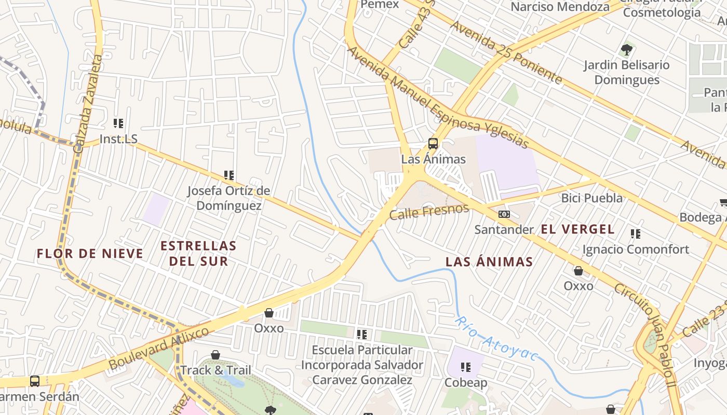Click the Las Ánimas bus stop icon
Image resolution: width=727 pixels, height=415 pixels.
[x=433, y=144]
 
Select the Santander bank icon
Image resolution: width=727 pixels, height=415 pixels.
[x=504, y=214]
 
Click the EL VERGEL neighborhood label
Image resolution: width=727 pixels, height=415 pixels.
[x=577, y=229]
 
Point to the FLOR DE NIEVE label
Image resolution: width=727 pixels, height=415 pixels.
[x=90, y=254]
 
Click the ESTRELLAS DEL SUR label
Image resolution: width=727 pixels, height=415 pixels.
[x=198, y=253]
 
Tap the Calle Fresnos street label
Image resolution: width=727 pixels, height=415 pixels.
[x=428, y=212]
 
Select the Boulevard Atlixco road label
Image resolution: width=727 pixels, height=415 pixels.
[x=158, y=349]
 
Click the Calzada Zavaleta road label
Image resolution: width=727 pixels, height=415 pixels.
[x=88, y=104]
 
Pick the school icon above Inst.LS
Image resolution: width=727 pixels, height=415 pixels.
[x=118, y=123]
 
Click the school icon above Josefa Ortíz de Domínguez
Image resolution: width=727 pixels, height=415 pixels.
[x=228, y=175]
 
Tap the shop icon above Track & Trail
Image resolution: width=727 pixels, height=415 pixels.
[x=216, y=355]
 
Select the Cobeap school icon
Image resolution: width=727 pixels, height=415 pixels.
[x=466, y=367]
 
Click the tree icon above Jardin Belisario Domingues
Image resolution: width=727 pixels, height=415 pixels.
[x=626, y=50]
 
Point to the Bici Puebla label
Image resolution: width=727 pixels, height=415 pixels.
[x=591, y=198]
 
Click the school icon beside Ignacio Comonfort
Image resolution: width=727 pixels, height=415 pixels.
[x=635, y=234]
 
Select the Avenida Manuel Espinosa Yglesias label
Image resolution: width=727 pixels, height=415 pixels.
[x=437, y=97]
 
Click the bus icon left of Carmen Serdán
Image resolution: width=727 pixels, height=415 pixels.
[x=35, y=381]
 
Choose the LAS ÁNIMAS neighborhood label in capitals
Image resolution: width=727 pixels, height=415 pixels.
[x=489, y=261]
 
